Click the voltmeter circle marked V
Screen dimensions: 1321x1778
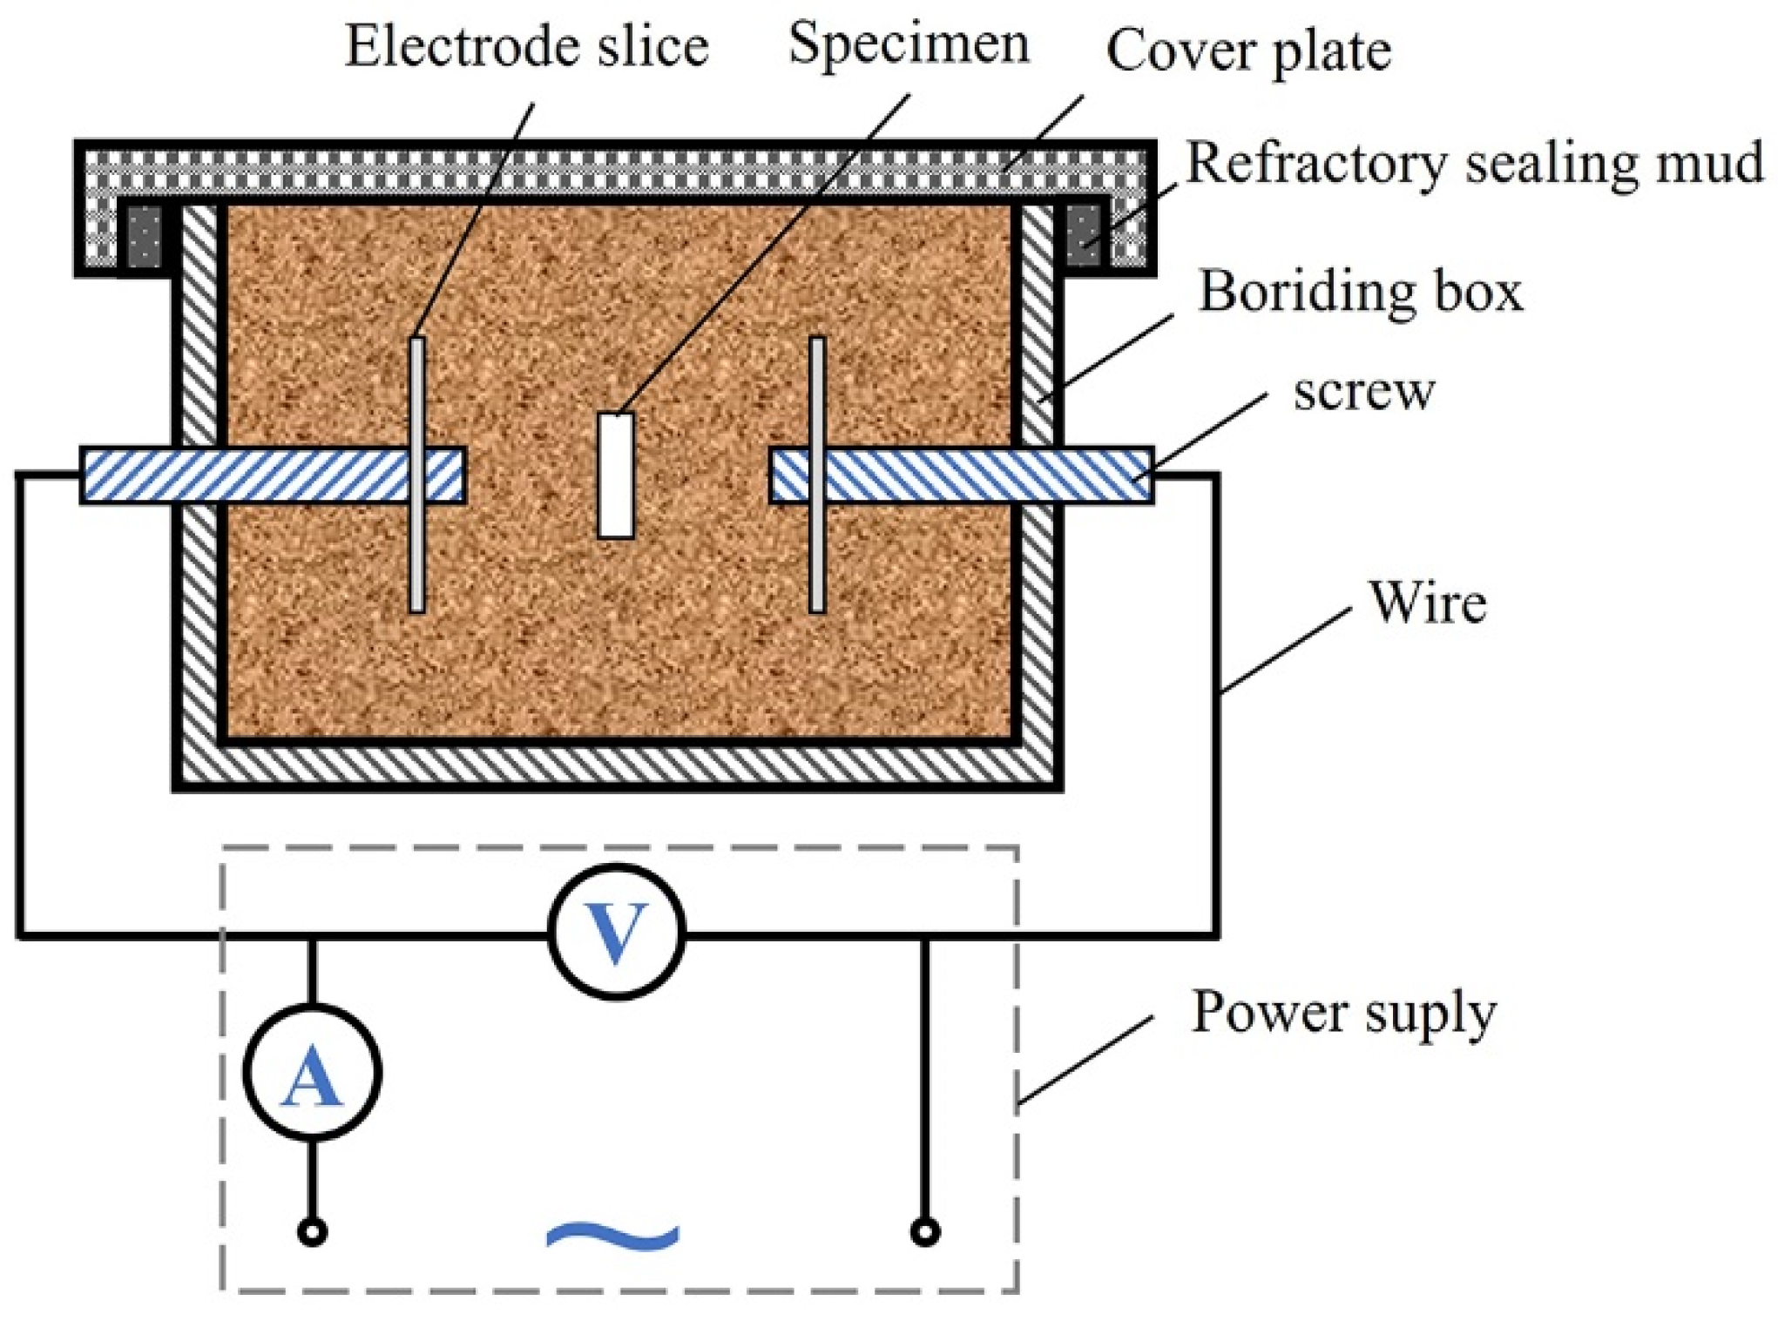616,932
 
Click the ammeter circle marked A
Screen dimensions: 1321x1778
312,1072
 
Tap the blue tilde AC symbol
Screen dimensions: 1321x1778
612,1235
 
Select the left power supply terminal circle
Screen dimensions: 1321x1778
312,1232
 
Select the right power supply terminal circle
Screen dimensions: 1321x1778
924,1232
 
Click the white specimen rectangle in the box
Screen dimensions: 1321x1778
616,475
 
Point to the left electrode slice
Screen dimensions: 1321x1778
417,557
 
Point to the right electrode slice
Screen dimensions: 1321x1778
817,557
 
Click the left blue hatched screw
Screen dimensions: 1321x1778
261,475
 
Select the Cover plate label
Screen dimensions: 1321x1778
1247,51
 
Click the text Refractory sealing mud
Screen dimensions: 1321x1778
1474,163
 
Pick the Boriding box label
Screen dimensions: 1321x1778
1361,292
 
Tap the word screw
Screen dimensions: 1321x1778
1363,392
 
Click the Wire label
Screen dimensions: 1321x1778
1427,603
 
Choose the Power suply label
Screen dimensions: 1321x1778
1342,1013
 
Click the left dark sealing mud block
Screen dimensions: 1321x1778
145,236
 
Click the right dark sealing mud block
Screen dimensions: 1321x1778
1083,236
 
